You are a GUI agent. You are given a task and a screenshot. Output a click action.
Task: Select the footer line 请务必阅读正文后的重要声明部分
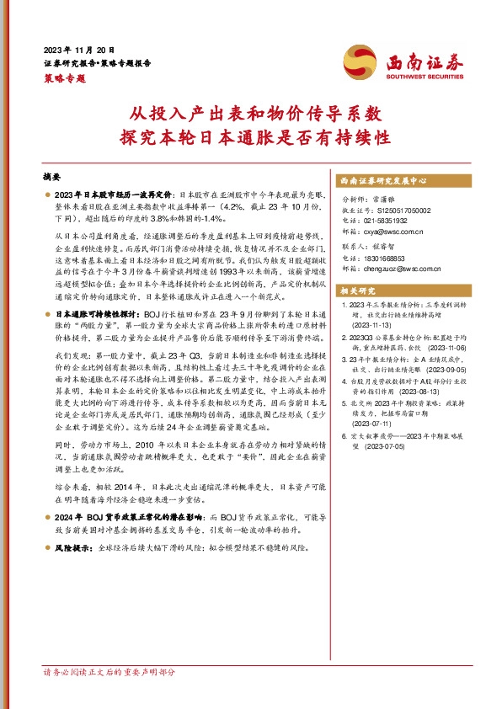coord(109,673)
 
